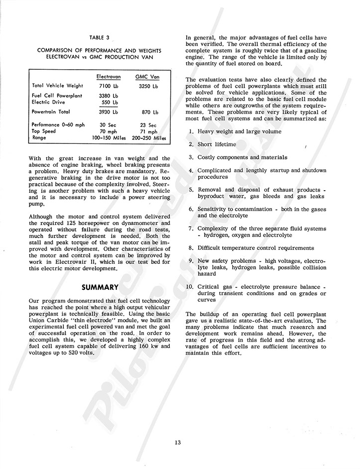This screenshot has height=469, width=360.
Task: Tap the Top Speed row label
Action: click(43, 131)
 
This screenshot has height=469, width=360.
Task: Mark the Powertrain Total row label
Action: click(51, 113)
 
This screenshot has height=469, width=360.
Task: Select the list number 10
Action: click(189, 287)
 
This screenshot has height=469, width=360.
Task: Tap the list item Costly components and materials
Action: click(242, 157)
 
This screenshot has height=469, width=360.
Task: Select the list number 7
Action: click(191, 228)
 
